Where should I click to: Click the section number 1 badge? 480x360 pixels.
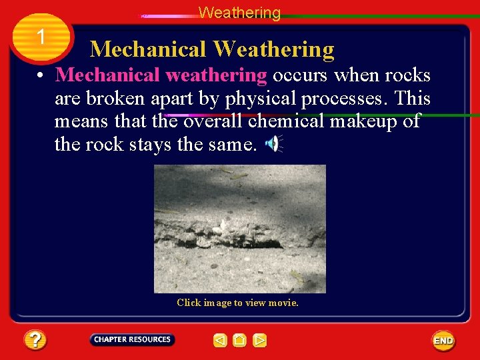point(41,37)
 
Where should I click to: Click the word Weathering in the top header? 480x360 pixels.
point(239,13)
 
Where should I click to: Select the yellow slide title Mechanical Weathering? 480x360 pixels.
point(212,49)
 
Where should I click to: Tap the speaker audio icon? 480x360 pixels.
point(274,143)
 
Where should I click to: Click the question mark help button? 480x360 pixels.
point(35,341)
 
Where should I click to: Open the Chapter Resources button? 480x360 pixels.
point(132,340)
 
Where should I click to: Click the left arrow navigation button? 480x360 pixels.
point(220,341)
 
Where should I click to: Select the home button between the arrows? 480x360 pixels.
point(240,341)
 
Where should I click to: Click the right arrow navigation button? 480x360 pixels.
point(260,341)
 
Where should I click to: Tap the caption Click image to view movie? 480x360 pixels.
point(238,303)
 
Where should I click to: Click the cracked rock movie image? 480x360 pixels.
point(240,229)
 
